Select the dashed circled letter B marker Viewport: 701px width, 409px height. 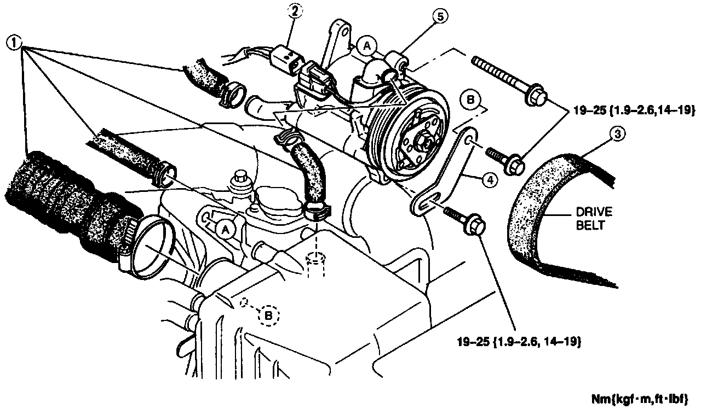point(268,315)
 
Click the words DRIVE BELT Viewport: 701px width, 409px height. point(594,219)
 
